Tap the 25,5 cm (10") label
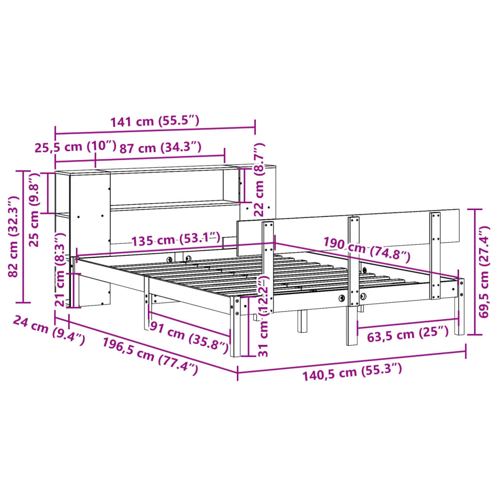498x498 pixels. tap(75, 147)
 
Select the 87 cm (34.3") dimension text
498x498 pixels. tap(160, 147)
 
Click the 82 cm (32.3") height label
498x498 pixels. tap(14, 236)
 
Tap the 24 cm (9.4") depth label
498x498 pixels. tap(49, 329)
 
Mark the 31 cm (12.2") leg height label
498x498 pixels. tap(263, 316)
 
